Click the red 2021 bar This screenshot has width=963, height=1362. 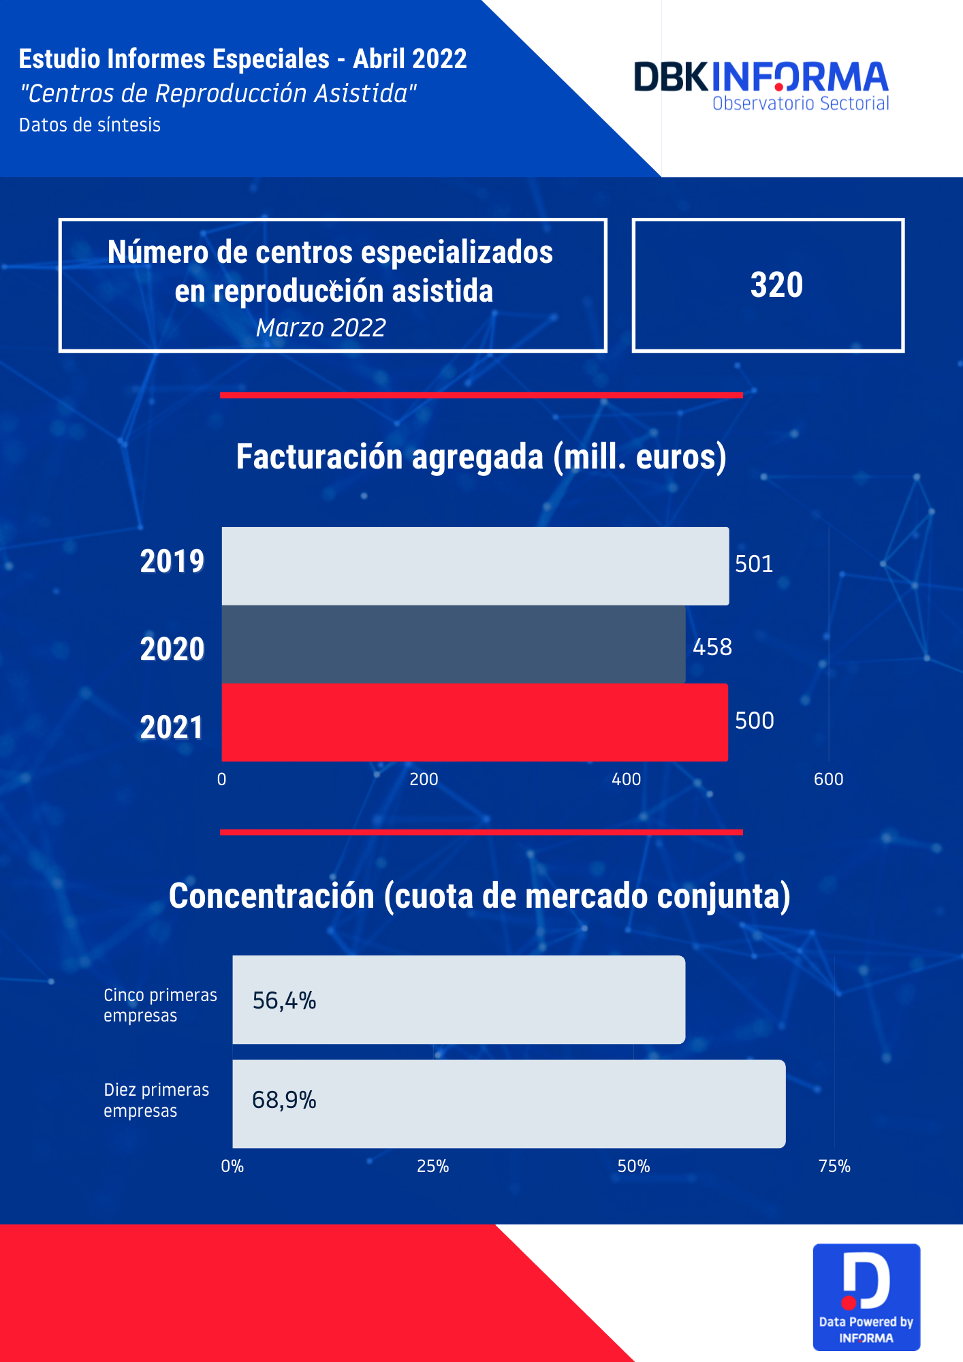point(475,722)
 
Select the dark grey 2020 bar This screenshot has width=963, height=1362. point(453,644)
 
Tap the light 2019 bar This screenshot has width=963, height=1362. point(475,566)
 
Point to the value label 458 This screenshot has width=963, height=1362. point(712,647)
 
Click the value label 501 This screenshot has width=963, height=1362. point(754,564)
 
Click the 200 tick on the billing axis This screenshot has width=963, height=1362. point(424,779)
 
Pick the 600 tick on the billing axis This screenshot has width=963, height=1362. point(828,779)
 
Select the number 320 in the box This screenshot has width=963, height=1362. point(776,285)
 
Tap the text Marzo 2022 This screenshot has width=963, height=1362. point(321,328)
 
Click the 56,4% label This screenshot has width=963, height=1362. point(284,1000)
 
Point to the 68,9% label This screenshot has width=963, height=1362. point(284,1100)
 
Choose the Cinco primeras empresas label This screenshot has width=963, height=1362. point(160,1005)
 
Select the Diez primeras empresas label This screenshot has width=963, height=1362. point(156,1100)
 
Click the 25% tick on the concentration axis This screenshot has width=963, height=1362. point(432,1167)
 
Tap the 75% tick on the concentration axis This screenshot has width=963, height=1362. point(834,1167)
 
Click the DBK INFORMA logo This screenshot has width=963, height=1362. point(761,85)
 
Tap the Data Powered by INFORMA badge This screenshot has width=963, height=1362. point(866,1297)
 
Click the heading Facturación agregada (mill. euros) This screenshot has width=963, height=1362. point(481,457)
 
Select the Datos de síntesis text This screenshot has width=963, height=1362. point(90,125)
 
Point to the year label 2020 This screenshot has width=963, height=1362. point(172,648)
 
